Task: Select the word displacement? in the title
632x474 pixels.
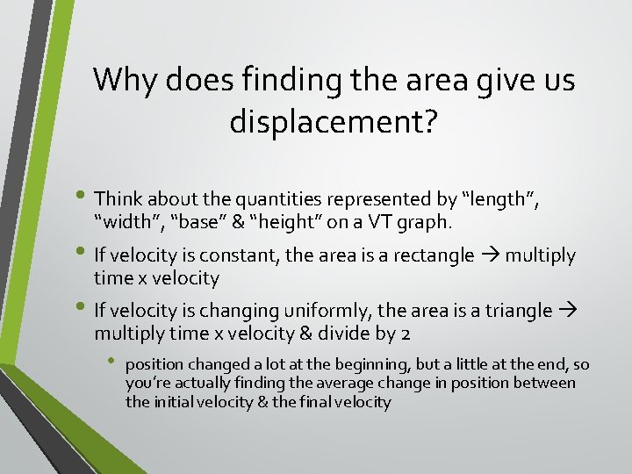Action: [333, 122]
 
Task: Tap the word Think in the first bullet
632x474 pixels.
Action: [119, 200]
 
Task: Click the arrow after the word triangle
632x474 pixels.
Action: [565, 310]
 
